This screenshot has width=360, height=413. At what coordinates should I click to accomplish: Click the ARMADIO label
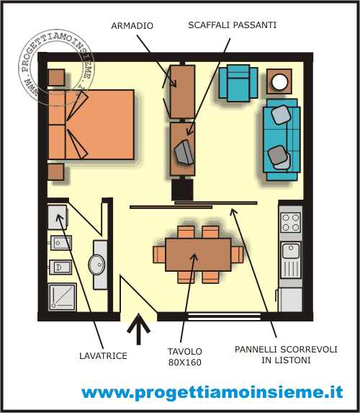point(132,25)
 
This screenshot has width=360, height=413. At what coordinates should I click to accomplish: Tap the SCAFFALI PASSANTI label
point(233,25)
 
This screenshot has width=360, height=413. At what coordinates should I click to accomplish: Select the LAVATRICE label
point(103,356)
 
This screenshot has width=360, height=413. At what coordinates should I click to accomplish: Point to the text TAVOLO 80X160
point(185,357)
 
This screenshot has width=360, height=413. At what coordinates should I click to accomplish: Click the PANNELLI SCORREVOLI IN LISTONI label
point(286,355)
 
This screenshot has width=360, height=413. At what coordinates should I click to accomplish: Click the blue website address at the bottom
point(212,392)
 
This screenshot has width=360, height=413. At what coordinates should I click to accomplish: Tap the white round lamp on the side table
point(280,81)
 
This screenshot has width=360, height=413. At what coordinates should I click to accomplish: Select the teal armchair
point(238,83)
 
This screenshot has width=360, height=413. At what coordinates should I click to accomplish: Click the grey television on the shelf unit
point(184,152)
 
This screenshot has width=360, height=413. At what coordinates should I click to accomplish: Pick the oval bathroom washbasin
point(96,265)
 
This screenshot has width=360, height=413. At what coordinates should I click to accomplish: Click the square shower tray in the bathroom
point(62,297)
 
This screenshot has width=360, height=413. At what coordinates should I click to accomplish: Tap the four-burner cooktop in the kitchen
point(291,223)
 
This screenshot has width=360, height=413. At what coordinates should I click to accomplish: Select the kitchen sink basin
point(291,251)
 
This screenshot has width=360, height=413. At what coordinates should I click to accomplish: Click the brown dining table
point(198,254)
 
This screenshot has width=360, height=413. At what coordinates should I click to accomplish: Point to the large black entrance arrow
point(138,329)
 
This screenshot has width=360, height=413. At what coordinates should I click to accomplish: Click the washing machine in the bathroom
point(58,217)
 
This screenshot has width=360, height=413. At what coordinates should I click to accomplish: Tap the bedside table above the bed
point(56,77)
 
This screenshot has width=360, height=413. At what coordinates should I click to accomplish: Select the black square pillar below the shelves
point(182,190)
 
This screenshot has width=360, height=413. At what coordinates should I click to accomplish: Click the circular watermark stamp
point(55,68)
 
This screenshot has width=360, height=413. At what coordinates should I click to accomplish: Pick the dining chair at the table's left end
point(159,254)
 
